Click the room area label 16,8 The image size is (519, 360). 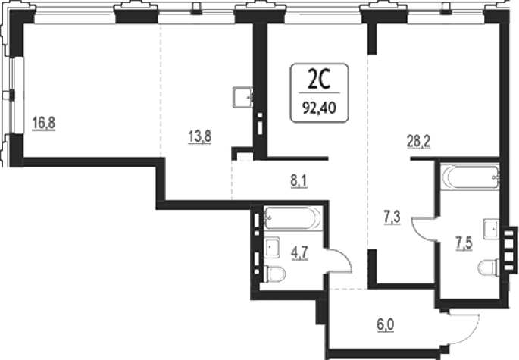(44, 123)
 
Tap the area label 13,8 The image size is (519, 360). (199, 136)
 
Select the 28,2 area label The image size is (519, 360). (418, 142)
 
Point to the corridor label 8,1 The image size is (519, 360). (299, 181)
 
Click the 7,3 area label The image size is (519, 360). (392, 218)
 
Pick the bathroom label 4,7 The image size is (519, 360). (299, 253)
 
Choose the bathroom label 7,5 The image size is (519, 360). (464, 244)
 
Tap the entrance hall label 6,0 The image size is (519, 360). (386, 325)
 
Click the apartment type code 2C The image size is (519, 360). (319, 80)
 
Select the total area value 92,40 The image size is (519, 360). (320, 108)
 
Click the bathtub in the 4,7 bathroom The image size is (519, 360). (292, 218)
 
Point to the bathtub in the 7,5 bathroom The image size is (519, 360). (469, 177)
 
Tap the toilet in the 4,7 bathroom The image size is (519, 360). (275, 274)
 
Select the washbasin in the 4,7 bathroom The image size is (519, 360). (272, 247)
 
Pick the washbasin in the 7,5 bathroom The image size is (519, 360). (491, 229)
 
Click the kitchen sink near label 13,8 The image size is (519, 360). (242, 97)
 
